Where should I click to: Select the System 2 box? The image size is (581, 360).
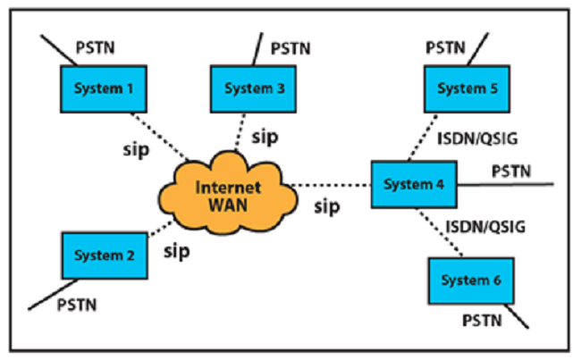[x=100, y=255]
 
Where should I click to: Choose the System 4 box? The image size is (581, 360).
[x=413, y=184]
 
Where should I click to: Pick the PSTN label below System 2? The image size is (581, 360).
[x=77, y=305]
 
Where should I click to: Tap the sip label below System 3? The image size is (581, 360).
[x=265, y=136]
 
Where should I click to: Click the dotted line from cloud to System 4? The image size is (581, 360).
[x=331, y=186]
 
